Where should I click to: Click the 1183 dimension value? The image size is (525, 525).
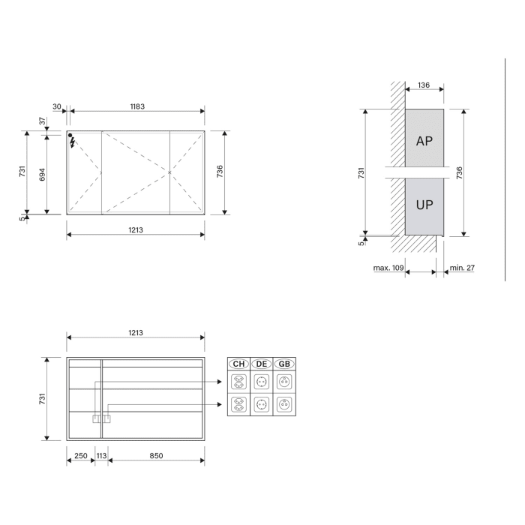pyautogui.click(x=136, y=106)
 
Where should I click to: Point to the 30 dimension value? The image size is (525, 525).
pyautogui.click(x=57, y=106)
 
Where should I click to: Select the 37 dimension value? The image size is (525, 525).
pyautogui.click(x=43, y=120)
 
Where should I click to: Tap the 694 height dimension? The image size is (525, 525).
pyautogui.click(x=43, y=173)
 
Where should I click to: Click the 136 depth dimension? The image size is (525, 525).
pyautogui.click(x=423, y=85)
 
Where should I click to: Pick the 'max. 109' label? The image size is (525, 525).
pyautogui.click(x=388, y=267)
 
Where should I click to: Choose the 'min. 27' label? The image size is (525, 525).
pyautogui.click(x=462, y=267)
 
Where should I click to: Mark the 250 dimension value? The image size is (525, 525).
pyautogui.click(x=80, y=455)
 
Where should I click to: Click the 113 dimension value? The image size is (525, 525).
pyautogui.click(x=101, y=455)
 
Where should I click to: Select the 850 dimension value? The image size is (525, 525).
pyautogui.click(x=155, y=455)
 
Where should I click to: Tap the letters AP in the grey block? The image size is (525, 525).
pyautogui.click(x=424, y=141)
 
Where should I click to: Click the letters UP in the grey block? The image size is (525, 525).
pyautogui.click(x=424, y=204)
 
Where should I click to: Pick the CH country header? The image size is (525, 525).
pyautogui.click(x=239, y=364)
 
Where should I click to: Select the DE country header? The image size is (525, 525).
pyautogui.click(x=262, y=364)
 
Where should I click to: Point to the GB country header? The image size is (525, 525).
pyautogui.click(x=284, y=364)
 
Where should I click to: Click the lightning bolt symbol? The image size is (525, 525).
pyautogui.click(x=72, y=142)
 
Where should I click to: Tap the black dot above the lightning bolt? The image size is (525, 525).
pyautogui.click(x=70, y=136)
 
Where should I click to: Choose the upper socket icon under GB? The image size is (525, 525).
pyautogui.click(x=284, y=382)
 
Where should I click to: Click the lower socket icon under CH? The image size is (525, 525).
pyautogui.click(x=239, y=405)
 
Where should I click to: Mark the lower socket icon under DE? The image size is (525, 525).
pyautogui.click(x=262, y=405)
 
